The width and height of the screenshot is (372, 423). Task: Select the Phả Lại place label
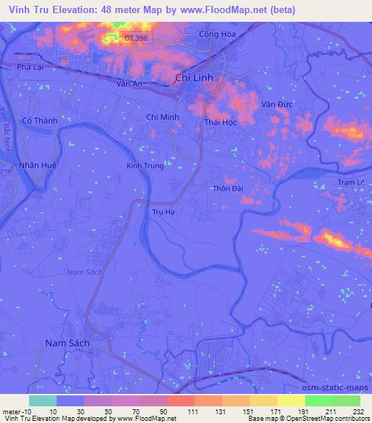click(x=31, y=67)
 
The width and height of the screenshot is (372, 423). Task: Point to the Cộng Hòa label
click(x=219, y=36)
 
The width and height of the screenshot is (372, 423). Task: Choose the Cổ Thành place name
click(x=40, y=121)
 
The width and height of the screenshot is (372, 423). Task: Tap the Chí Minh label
click(x=163, y=116)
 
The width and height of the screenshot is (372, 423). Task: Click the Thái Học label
click(x=221, y=122)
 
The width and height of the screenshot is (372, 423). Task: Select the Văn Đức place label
click(x=277, y=105)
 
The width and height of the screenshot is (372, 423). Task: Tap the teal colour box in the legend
click(x=43, y=400)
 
